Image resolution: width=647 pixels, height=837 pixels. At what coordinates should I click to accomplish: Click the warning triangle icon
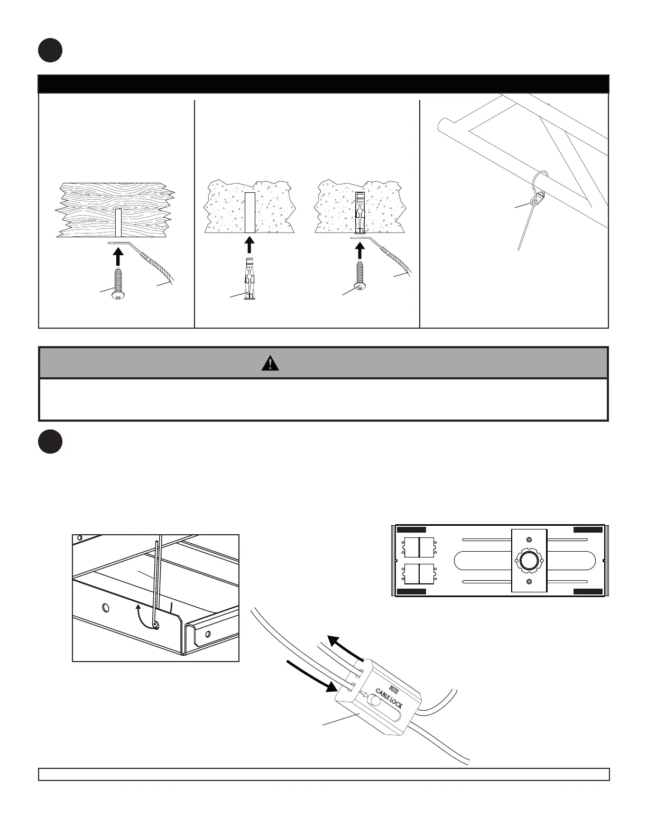270,364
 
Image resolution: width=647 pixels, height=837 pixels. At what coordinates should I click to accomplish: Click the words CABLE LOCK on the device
389,698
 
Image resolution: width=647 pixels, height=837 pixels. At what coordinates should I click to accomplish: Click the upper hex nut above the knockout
529,540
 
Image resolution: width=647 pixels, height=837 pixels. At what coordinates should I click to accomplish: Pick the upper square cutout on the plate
419,547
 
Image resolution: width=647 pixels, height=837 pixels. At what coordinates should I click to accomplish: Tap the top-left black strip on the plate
411,529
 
